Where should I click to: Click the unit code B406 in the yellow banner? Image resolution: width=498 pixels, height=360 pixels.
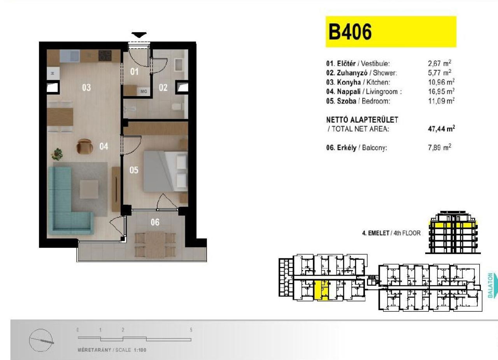[350, 32]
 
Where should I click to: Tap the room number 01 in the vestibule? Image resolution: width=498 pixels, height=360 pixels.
[134, 72]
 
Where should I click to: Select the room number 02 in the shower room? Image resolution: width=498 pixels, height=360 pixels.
[163, 88]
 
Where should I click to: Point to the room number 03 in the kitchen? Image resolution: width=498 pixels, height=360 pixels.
[86, 88]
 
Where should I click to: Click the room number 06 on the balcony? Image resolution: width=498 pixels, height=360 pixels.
[155, 222]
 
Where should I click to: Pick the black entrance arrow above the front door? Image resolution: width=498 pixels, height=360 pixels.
[139, 35]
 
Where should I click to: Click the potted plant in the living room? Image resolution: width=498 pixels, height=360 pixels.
[57, 154]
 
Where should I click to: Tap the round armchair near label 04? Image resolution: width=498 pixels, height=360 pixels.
[84, 146]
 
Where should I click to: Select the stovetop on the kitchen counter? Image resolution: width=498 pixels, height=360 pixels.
[105, 55]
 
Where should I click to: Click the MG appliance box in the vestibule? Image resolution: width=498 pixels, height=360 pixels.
[144, 91]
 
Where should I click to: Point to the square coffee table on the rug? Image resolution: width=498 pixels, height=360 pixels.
[89, 189]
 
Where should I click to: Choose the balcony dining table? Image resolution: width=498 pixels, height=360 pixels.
[155, 244]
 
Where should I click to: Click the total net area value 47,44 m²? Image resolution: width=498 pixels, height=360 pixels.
[441, 129]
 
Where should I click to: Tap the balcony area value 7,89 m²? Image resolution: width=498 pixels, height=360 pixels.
[440, 148]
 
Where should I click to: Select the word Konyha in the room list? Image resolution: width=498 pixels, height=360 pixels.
[349, 82]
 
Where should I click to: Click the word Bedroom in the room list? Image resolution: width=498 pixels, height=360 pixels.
[376, 101]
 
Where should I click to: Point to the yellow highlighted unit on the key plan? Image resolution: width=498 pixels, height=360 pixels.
[321, 290]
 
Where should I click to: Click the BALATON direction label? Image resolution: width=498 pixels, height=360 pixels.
[491, 286]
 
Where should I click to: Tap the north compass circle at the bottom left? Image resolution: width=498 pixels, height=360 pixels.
[41, 340]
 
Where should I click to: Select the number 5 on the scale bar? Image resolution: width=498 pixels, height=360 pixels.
[191, 330]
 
